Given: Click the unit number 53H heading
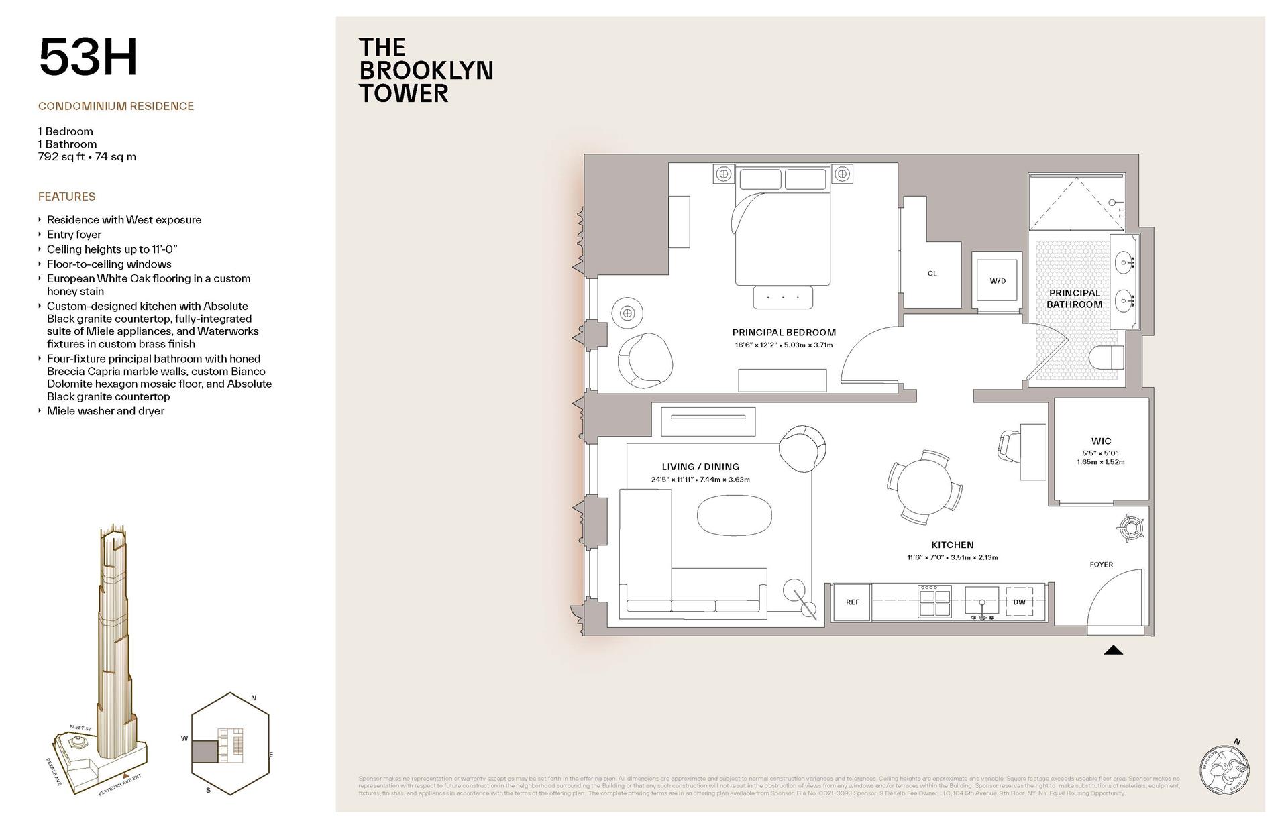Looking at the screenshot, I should coord(88,58).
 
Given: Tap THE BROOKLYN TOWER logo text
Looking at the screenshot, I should coord(425,70).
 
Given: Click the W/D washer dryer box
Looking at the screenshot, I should coord(998,281).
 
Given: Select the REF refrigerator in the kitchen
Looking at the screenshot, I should coord(852,602).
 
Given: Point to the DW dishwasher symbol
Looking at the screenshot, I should coord(1019,602).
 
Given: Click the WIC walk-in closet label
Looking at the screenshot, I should coord(1101,441).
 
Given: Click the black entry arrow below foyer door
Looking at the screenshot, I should coord(1113,650).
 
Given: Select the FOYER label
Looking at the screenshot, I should coord(1101,565).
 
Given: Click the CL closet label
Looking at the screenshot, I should coord(932,274).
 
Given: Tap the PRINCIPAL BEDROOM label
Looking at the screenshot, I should coord(784,332).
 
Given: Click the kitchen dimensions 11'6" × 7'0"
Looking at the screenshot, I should coord(952,557).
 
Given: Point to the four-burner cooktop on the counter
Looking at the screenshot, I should coord(934,601).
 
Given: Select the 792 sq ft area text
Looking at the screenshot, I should coord(87,157).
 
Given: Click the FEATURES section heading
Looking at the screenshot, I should coord(66,197).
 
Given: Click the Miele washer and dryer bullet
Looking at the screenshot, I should coord(105,411).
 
